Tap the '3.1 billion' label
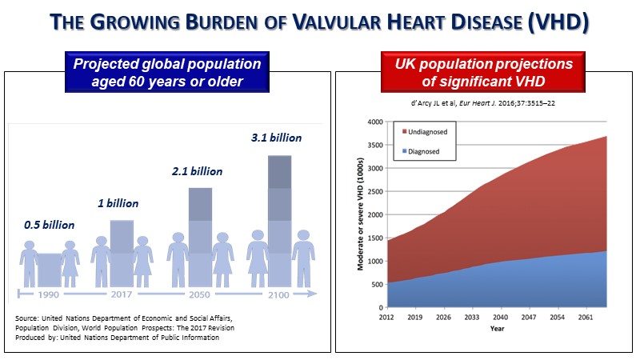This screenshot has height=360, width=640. tap(276, 138)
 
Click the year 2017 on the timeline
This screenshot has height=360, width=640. tap(122, 294)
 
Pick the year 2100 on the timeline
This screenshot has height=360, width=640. tap(279, 294)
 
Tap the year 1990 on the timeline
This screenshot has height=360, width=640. tap(50, 294)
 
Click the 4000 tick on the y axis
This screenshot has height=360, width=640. tap(374, 122)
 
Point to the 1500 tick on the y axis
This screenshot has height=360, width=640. tap(374, 238)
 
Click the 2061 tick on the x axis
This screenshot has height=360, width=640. tap(586, 316)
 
